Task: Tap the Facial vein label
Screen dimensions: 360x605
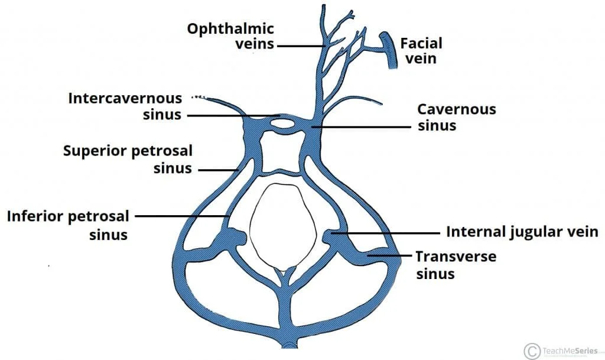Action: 421,50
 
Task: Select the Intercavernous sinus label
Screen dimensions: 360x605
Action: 125,105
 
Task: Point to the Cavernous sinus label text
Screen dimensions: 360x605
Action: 456,117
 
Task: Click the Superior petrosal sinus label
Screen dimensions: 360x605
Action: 128,160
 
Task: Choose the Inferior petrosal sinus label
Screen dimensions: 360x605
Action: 67,225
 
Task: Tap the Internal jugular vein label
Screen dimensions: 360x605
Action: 522,231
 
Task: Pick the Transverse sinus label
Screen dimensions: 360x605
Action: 455,265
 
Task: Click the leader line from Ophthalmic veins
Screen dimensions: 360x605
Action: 300,46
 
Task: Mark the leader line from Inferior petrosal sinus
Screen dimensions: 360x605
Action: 183,216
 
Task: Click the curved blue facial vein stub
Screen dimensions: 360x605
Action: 391,50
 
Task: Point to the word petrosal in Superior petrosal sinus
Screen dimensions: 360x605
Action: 164,151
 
